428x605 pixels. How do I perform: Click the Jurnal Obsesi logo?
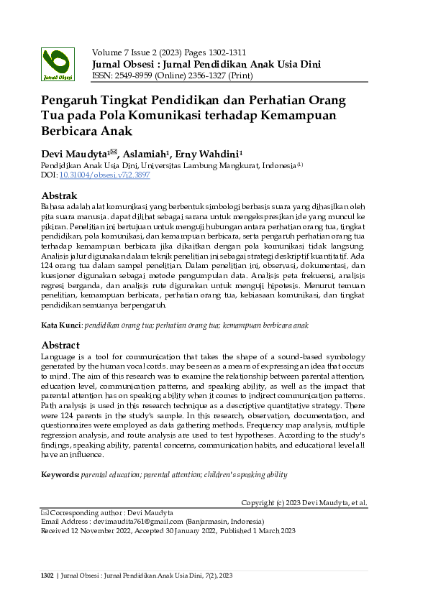tap(58, 63)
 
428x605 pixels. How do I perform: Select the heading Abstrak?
tap(59, 195)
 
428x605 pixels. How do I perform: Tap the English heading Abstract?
tap(60, 345)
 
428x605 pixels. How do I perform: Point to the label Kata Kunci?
tap(61, 325)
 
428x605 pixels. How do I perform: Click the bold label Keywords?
tap(60, 474)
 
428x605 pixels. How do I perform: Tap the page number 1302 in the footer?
tap(47, 576)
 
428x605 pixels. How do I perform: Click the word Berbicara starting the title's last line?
tap(72, 131)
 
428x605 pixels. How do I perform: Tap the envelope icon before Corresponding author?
tap(44, 512)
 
